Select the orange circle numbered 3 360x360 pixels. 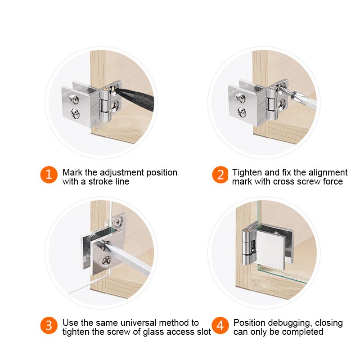[x=49, y=326]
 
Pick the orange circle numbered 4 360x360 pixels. [x=220, y=326]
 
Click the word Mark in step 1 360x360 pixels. [x=72, y=172]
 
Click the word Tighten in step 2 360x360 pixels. [x=247, y=172]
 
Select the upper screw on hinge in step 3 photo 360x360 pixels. [x=119, y=221]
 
